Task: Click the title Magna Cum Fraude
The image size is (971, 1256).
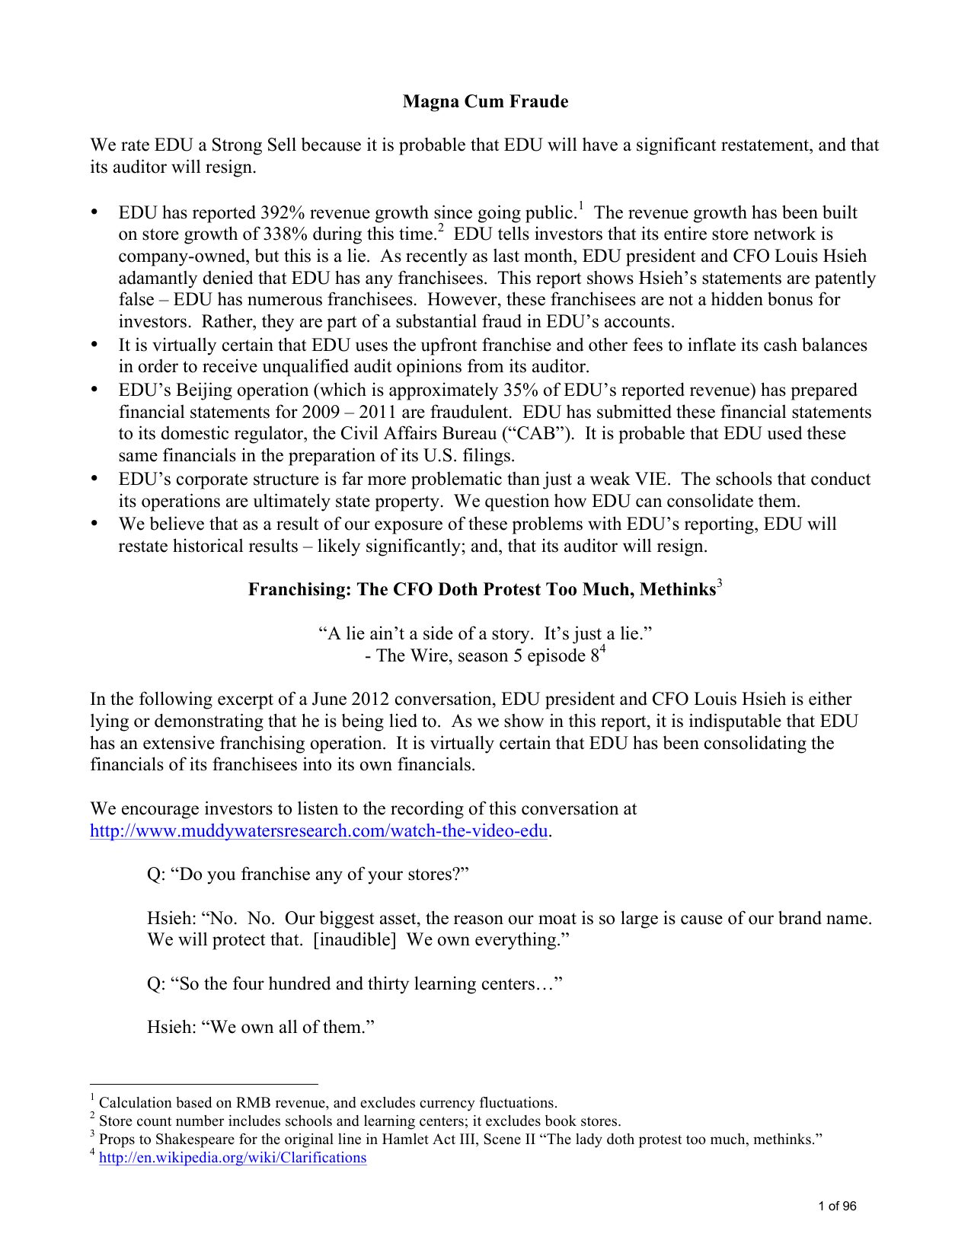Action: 485,101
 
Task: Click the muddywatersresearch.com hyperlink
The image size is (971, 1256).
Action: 318,830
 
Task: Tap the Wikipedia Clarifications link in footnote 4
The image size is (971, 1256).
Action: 233,1158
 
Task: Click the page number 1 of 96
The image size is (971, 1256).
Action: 836,1206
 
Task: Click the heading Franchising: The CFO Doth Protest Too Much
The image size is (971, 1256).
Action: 481,590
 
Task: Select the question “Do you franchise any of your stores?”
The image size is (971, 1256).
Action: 307,874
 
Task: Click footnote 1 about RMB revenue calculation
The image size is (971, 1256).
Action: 327,1103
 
